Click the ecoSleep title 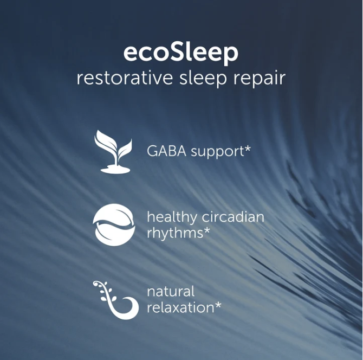point(181,54)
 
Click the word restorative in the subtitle point(125,78)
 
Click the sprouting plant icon point(113,151)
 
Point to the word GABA point(166,151)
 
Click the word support point(217,152)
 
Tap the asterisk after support point(247,149)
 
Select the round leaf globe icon point(114,224)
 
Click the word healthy point(172,218)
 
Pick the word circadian point(233,217)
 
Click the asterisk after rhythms point(207,230)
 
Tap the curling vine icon point(116,300)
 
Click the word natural point(171,292)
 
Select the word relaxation point(180,307)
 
